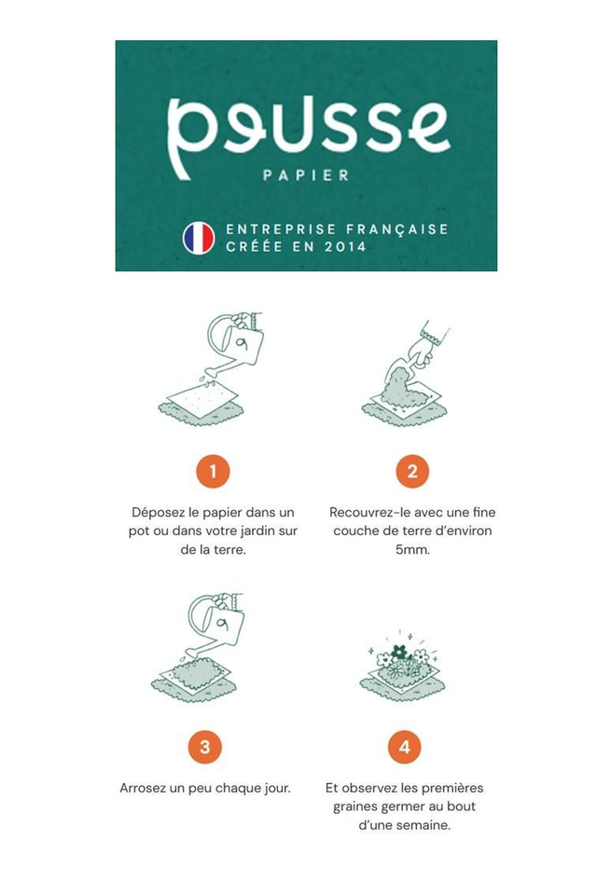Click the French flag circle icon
199,238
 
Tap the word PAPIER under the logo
306,174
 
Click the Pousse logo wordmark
309,138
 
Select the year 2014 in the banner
345,246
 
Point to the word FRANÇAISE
397,229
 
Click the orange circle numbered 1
213,472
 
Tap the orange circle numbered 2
412,472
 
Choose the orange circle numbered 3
204,747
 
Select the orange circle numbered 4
405,747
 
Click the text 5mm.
412,550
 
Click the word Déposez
157,513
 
